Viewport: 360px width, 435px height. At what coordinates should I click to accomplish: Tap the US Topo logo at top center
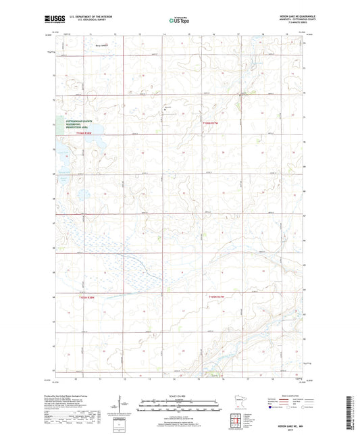(x=178, y=20)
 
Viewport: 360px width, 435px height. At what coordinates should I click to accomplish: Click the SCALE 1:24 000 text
(x=180, y=395)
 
